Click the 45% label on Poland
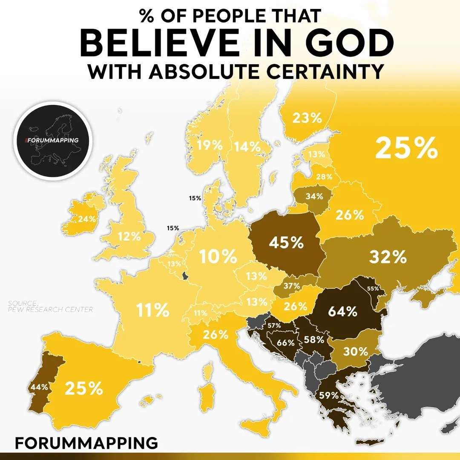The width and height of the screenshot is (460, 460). point(286,243)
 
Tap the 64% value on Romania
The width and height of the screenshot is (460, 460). point(342,311)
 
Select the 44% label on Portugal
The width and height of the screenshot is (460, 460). point(39,387)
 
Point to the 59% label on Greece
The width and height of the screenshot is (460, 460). point(328,395)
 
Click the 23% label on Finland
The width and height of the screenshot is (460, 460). point(307,118)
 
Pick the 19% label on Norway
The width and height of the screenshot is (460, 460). point(210,145)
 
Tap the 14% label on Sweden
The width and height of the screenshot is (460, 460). point(247,147)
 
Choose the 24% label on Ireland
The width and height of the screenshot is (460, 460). point(86,219)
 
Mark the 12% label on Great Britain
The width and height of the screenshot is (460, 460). point(129,236)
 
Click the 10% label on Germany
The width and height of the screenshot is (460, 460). point(218,257)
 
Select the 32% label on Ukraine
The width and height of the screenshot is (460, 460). point(388,256)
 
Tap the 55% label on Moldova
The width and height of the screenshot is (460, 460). point(373,288)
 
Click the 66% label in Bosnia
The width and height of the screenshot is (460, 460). point(286,342)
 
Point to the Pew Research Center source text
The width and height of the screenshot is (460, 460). point(50,307)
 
